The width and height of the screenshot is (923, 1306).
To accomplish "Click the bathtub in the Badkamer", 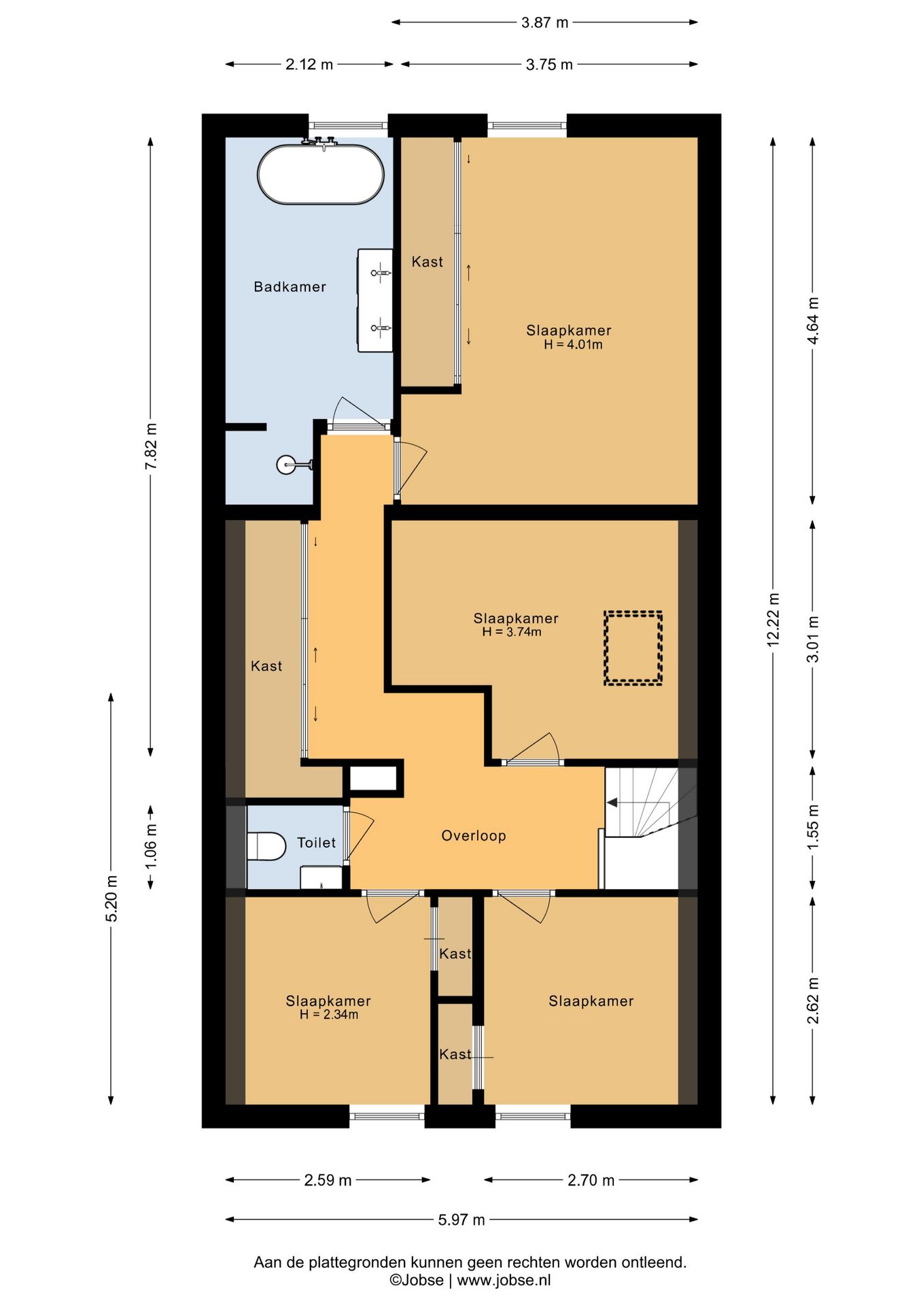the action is pos(320,173).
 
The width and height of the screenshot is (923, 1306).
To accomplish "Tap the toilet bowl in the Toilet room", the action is pos(266,846).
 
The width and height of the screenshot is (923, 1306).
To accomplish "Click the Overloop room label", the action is pos(474,835).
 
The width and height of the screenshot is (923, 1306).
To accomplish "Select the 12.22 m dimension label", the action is pos(773,620).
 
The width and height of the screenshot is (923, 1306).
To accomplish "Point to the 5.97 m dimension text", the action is pos(461,1220).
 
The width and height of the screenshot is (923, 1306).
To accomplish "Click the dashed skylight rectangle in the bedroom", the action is pos(633,648).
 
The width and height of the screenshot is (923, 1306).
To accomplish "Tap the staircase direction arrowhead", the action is pos(612,803).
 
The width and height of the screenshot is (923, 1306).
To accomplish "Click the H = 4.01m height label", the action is pos(573,345).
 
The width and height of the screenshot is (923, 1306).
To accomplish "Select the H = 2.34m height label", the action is pos(329,1015).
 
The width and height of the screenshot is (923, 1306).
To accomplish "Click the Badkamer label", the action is pos(290,286).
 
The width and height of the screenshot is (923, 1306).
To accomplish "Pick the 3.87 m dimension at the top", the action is pos(544,22).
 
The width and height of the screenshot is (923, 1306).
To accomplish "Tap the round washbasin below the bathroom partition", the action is pos(288,465).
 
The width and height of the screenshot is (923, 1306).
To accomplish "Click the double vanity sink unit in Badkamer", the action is pos(375,300).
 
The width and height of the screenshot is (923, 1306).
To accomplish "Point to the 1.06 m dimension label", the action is pos(151,846).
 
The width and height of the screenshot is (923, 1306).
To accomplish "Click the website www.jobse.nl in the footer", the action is pos(504,1280).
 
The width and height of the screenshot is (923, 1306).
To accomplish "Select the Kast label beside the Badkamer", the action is pos(427,261).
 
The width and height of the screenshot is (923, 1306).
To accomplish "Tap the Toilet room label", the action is pos(317,843).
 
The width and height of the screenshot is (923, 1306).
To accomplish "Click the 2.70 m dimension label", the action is pos(591,1180).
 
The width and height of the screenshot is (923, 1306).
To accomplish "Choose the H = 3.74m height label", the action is pos(512,632).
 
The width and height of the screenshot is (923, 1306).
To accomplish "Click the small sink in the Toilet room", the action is pos(321,877).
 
